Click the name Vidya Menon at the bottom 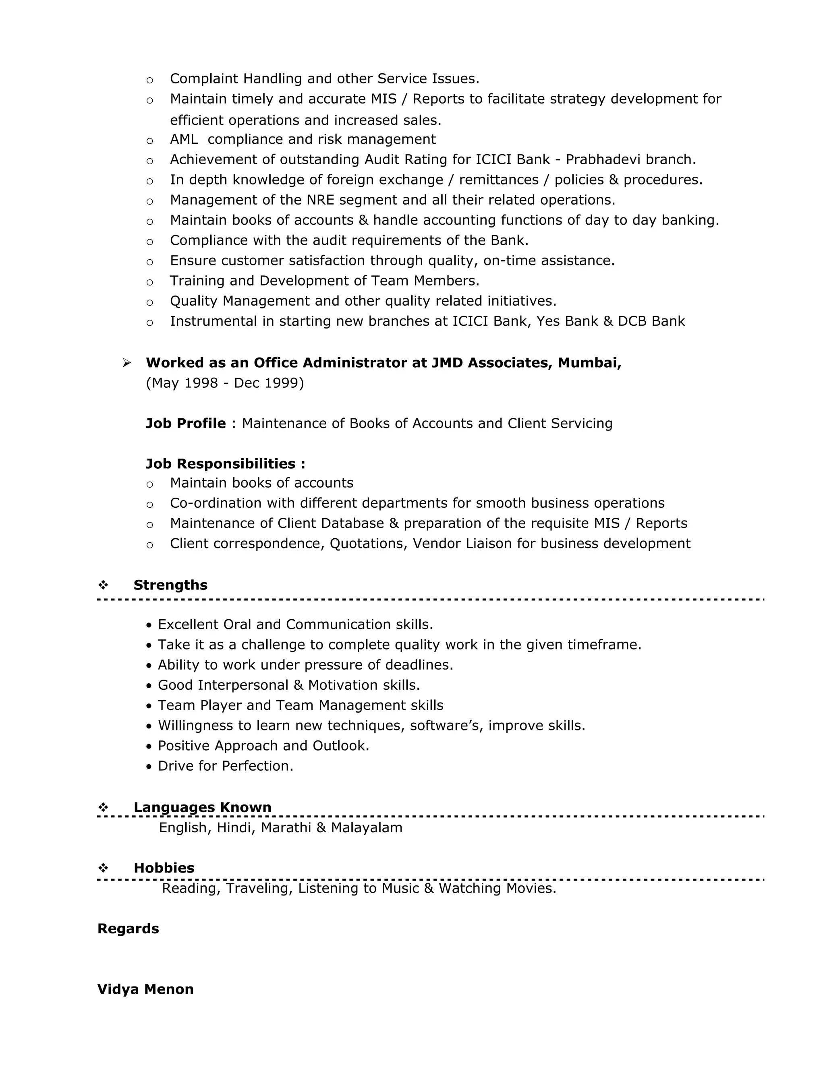(x=145, y=989)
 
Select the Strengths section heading (x=170, y=585)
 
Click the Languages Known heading (x=202, y=807)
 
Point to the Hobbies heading (x=164, y=868)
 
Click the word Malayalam (x=367, y=827)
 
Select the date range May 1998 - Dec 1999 (x=225, y=383)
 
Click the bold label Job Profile (x=186, y=423)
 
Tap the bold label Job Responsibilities (x=225, y=463)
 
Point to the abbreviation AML (x=184, y=139)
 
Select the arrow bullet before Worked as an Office (x=126, y=362)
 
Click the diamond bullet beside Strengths (x=103, y=585)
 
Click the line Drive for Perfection (x=225, y=765)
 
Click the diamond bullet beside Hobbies (x=103, y=868)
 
